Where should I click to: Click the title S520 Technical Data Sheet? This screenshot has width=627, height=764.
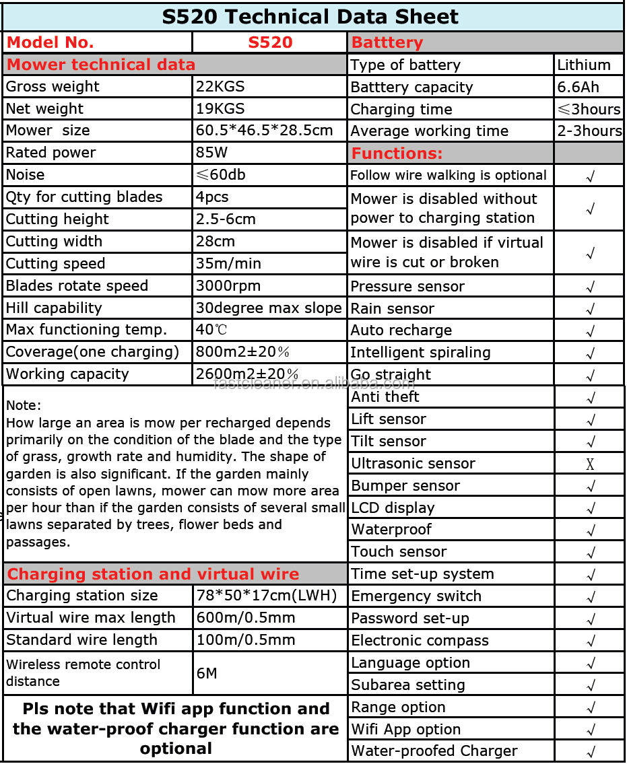310,16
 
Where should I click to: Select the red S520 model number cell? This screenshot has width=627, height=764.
269,42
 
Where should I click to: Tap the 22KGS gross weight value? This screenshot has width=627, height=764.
220,87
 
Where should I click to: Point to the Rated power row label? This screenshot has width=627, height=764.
51,153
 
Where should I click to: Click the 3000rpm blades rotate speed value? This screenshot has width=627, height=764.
228,286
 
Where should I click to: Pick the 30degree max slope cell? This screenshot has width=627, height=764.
269,308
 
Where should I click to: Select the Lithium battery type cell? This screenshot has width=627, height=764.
584,65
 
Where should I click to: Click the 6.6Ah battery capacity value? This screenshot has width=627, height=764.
578,88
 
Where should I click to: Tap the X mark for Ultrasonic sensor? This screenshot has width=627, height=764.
590,464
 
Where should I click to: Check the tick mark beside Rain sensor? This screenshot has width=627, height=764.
590,310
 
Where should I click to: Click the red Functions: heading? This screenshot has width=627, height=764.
397,153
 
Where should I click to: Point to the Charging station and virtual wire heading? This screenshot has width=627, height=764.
153,574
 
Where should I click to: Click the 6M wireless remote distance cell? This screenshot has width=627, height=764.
207,673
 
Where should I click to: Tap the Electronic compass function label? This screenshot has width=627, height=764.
420,641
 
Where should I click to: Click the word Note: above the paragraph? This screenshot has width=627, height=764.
24,406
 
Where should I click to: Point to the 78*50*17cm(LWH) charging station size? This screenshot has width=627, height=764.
266,596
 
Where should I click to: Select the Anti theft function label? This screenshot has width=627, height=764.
385,397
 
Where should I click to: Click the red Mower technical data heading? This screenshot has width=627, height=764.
101,65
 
